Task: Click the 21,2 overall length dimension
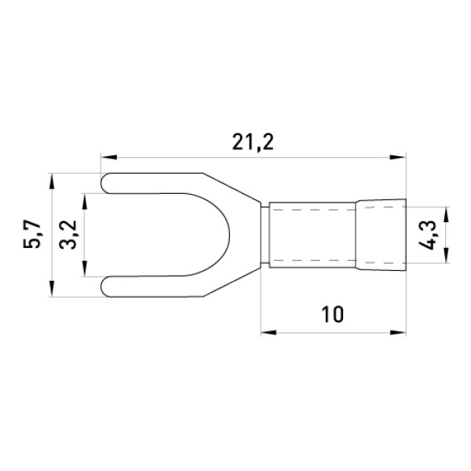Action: (253, 143)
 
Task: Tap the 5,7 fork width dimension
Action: (31, 235)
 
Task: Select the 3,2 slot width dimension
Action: (68, 235)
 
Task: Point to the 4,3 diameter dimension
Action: (427, 235)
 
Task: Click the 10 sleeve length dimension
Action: (332, 315)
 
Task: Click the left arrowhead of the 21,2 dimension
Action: (109, 157)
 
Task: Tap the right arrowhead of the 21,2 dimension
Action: (398, 157)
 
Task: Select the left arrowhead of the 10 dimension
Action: (268, 333)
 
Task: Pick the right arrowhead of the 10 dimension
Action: (398, 333)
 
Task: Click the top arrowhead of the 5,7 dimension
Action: (52, 181)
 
